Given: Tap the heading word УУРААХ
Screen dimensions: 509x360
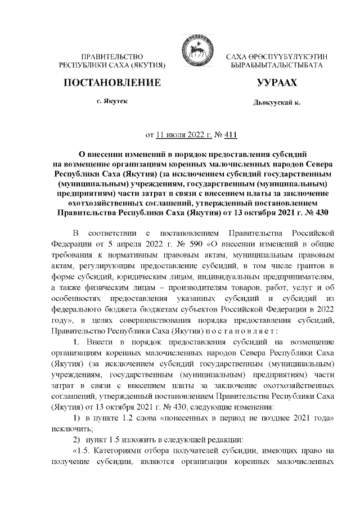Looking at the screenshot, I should (x=276, y=83).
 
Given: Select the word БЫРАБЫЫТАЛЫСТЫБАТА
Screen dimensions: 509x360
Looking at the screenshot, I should (x=276, y=66).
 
